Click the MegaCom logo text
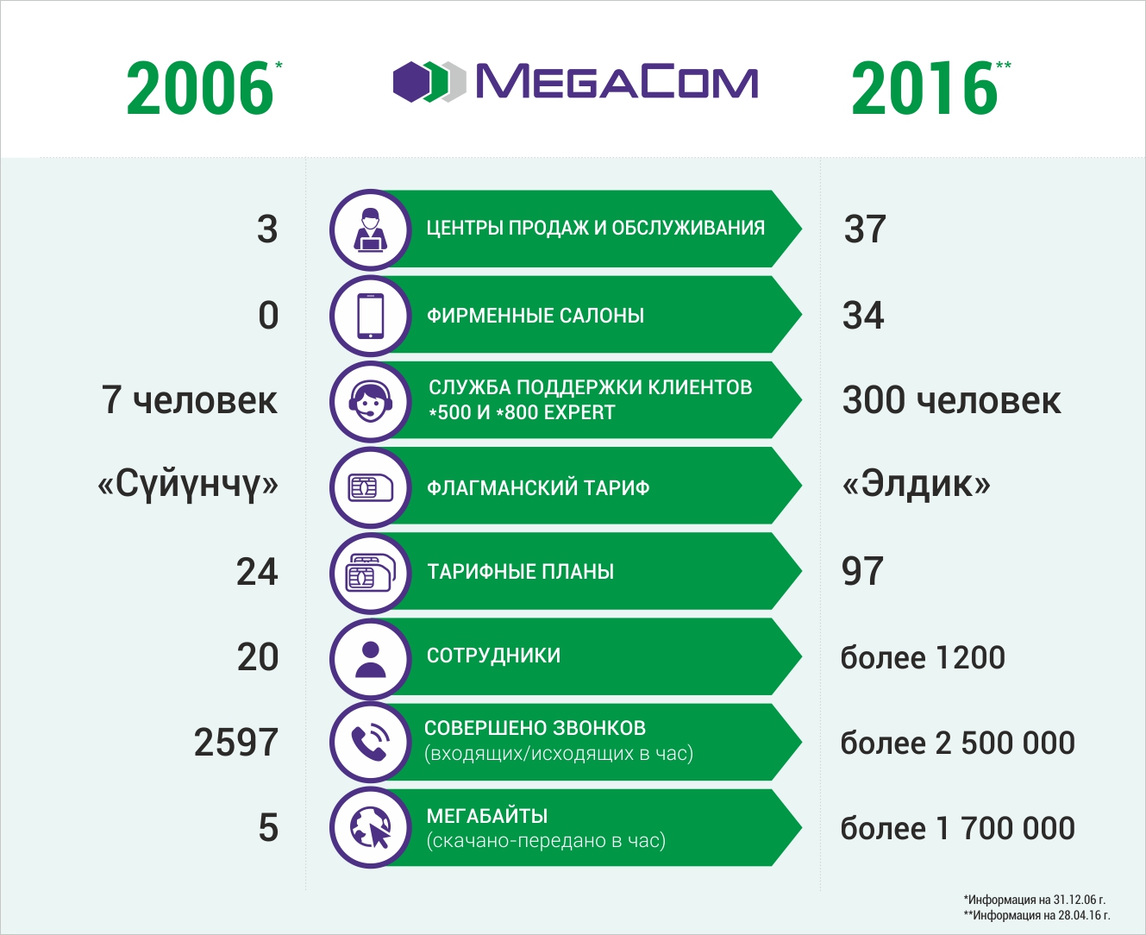(616, 82)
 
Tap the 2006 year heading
(200, 89)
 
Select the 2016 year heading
(924, 89)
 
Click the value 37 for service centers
(865, 229)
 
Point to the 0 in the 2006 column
(268, 316)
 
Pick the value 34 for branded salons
(863, 316)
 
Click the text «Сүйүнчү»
(188, 485)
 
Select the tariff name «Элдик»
(916, 485)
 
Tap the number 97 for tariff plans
(862, 571)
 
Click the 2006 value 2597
(235, 743)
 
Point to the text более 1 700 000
(957, 829)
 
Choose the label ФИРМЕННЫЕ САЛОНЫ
(535, 316)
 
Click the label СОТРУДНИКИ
(493, 656)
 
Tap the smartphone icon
(371, 316)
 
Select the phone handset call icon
(371, 742)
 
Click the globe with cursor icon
(371, 828)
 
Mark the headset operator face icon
(371, 401)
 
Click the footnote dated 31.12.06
(1035, 900)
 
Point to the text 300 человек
(951, 401)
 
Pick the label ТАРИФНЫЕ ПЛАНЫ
(520, 571)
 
